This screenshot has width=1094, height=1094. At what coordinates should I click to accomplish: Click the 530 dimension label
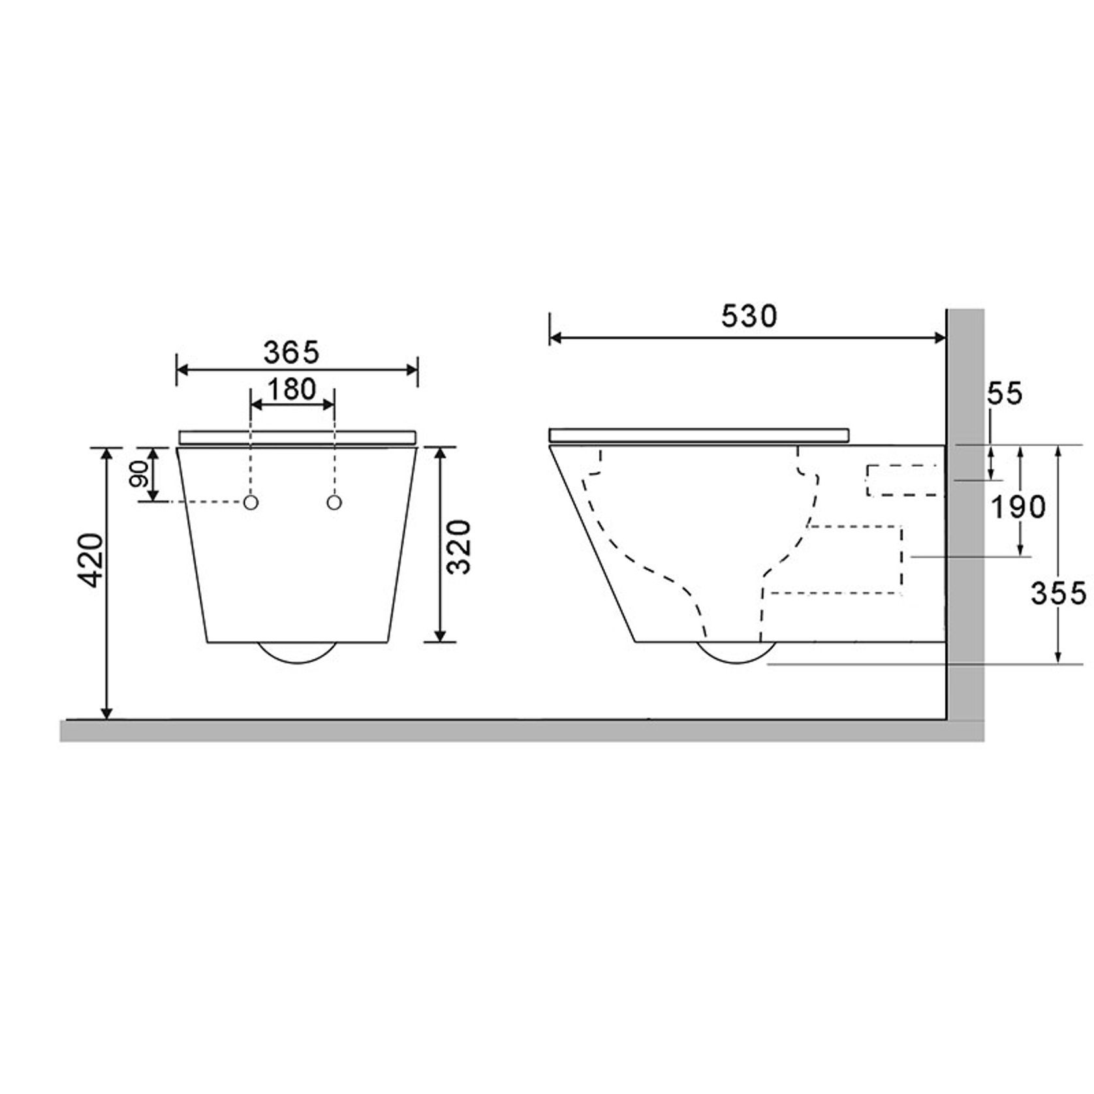tap(749, 317)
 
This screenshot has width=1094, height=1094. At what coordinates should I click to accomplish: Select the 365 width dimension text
tap(291, 353)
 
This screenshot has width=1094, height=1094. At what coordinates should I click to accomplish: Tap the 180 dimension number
tap(292, 390)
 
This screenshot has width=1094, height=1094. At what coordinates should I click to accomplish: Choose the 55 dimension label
tap(1005, 394)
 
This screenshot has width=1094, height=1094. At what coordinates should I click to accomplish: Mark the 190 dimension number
tap(1018, 507)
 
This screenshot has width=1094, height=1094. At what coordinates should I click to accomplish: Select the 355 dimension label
tap(1058, 593)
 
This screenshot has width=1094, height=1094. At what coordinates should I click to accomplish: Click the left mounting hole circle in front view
tap(251, 502)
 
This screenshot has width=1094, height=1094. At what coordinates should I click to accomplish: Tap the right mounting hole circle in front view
tap(334, 502)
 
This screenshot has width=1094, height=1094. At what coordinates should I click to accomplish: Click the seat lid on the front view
tap(297, 436)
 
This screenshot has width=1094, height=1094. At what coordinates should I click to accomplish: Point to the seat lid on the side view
tap(698, 435)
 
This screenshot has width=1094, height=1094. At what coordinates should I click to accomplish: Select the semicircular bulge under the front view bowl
tap(297, 652)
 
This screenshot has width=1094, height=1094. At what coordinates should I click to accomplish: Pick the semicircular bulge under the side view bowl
tap(736, 652)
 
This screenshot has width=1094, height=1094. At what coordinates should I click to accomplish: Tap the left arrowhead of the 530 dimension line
tap(555, 337)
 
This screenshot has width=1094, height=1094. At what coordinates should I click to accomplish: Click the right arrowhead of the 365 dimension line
tap(412, 370)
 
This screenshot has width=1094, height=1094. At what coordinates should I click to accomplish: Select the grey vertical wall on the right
tap(965, 522)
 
